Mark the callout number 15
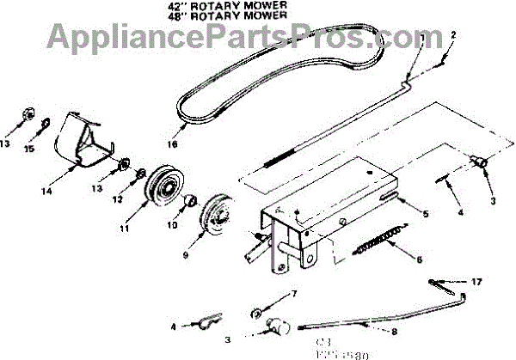[x=29, y=149]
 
